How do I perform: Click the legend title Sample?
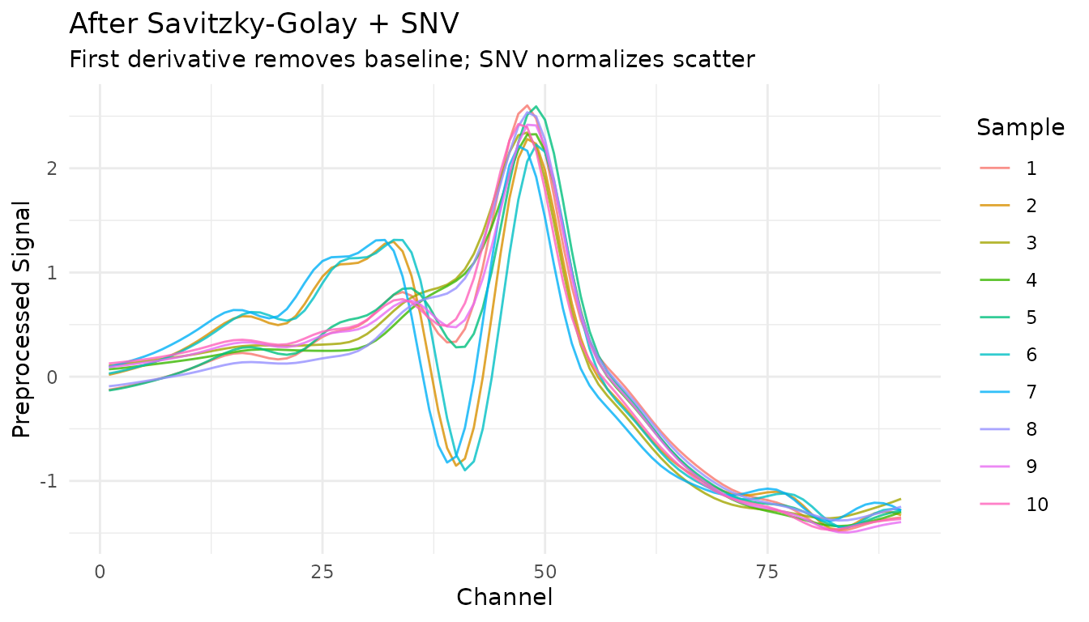[x=1020, y=127]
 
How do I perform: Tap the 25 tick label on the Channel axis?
[x=322, y=572]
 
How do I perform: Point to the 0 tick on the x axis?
[x=100, y=572]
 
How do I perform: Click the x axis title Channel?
[x=505, y=598]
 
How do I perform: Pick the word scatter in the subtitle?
[x=715, y=60]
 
